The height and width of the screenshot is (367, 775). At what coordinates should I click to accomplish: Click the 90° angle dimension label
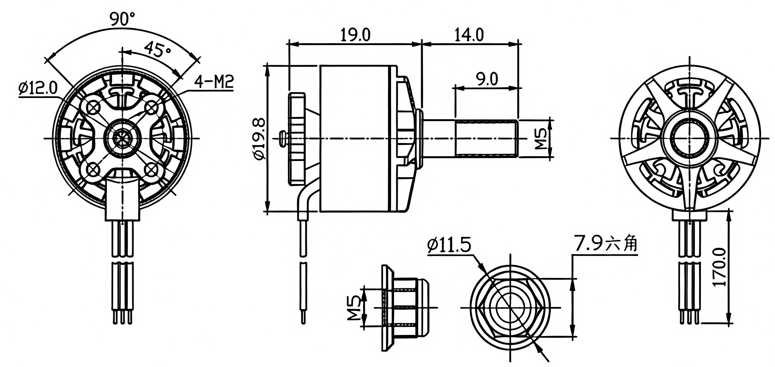coord(122,18)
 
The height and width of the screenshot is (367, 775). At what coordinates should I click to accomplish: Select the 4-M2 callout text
coord(214,82)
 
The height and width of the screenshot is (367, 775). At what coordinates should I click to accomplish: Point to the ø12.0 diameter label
coord(38,88)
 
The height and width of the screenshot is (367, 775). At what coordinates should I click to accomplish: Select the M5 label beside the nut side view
coord(354,307)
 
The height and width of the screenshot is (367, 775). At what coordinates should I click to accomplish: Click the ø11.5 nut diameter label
coord(449,246)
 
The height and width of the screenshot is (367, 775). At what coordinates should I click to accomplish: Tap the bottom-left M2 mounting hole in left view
coord(92,170)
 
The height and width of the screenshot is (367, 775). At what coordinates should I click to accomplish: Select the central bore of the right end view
coord(689,138)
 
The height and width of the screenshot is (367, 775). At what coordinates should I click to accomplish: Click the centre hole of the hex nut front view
coord(510,307)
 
